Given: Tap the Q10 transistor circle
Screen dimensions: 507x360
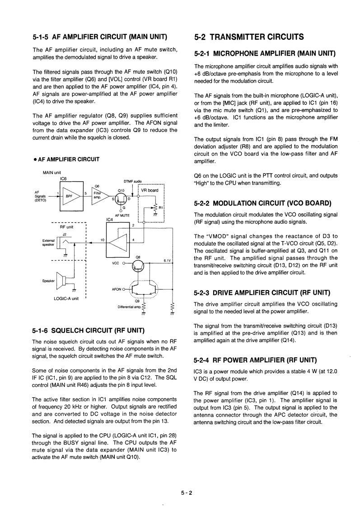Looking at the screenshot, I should click(x=121, y=198).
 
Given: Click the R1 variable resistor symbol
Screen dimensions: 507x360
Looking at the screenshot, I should click(x=155, y=207).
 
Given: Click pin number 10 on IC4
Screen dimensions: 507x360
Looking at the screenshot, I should click(x=102, y=239).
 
